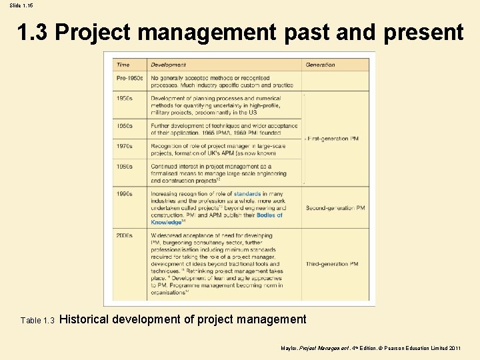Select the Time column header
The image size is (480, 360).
tap(123, 65)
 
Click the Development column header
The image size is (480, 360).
tap(168, 65)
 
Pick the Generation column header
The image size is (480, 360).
tap(320, 65)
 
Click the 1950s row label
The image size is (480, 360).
tap(125, 98)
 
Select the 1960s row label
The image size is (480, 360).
tap(125, 125)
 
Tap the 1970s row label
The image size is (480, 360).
tap(125, 145)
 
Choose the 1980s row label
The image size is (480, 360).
tap(125, 167)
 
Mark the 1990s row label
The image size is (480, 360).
tap(125, 194)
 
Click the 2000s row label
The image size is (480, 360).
tap(125, 235)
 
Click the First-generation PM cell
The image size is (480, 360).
tap(333, 139)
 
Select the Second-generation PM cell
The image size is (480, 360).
tap(335, 208)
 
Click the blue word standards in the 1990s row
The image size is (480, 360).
tap(247, 194)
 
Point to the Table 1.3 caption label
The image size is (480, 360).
tap(37, 321)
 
